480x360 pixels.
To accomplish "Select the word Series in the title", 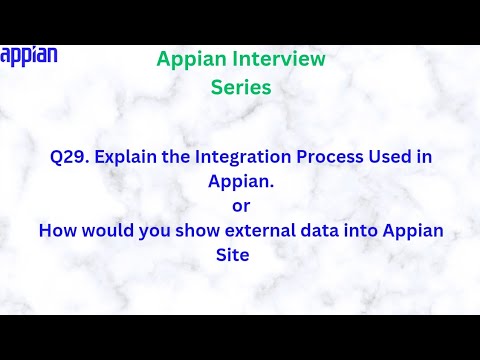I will click(x=241, y=87).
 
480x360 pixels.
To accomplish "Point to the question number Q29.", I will click(x=68, y=157).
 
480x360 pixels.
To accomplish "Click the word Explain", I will click(x=127, y=157).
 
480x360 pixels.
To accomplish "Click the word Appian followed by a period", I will click(x=240, y=182).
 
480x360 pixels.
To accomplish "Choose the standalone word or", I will click(x=240, y=206).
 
